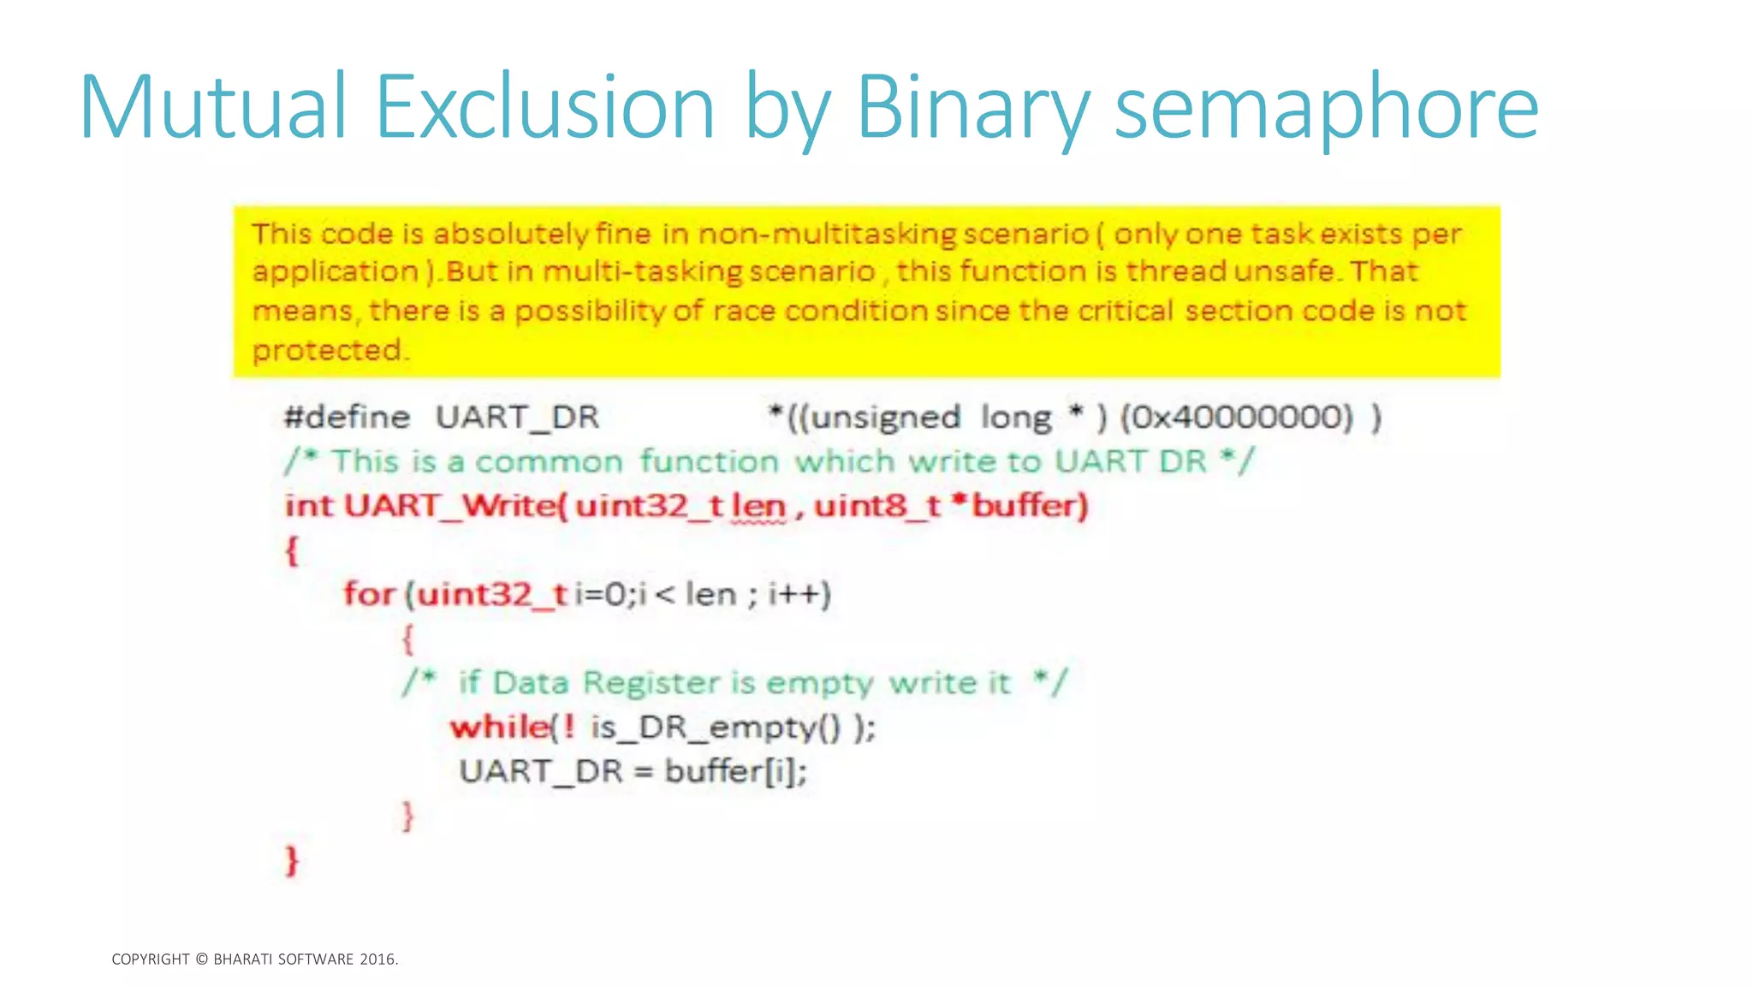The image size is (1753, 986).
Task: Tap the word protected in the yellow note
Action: (x=327, y=349)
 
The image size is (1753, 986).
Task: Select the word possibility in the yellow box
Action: (x=590, y=311)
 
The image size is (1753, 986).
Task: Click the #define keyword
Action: (x=348, y=417)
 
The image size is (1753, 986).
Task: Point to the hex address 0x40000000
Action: (x=1237, y=417)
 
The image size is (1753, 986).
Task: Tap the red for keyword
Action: (x=369, y=593)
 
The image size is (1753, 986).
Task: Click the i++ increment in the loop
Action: (x=799, y=593)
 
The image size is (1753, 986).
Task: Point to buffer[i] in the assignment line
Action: (x=735, y=771)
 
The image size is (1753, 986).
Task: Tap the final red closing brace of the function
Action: (x=292, y=859)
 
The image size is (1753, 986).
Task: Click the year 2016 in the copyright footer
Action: (x=377, y=959)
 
